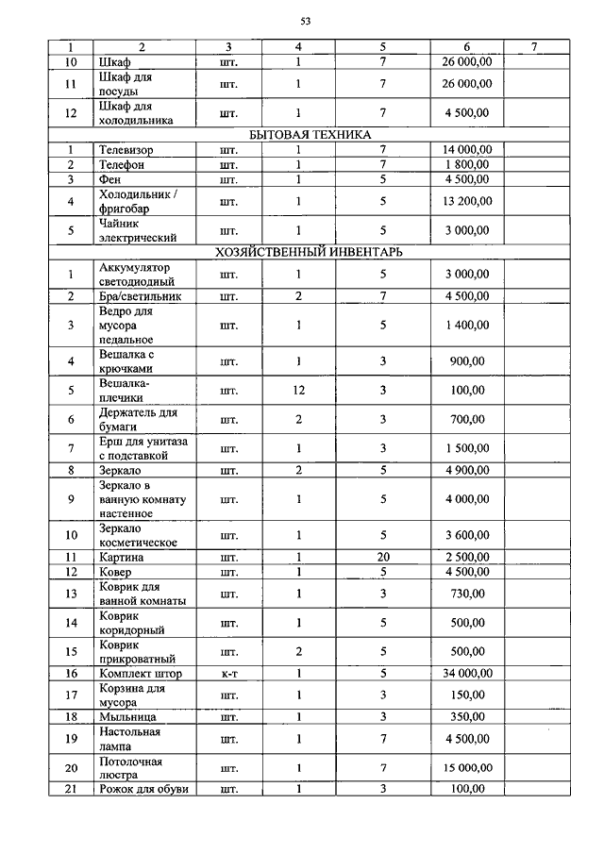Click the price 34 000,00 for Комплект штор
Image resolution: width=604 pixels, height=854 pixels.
pyautogui.click(x=465, y=673)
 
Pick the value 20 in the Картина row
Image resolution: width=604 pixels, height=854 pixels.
pyautogui.click(x=383, y=557)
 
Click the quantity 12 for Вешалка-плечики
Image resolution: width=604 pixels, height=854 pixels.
pyautogui.click(x=298, y=390)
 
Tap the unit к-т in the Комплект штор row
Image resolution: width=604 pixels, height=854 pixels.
pyautogui.click(x=228, y=673)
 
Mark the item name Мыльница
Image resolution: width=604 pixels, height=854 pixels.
pyautogui.click(x=126, y=716)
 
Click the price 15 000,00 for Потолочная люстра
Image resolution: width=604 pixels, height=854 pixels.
pyautogui.click(x=465, y=767)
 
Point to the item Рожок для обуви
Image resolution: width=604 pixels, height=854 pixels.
pyautogui.click(x=143, y=789)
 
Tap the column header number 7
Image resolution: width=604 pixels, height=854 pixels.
pyautogui.click(x=533, y=46)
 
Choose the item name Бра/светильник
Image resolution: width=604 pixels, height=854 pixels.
pyautogui.click(x=140, y=296)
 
